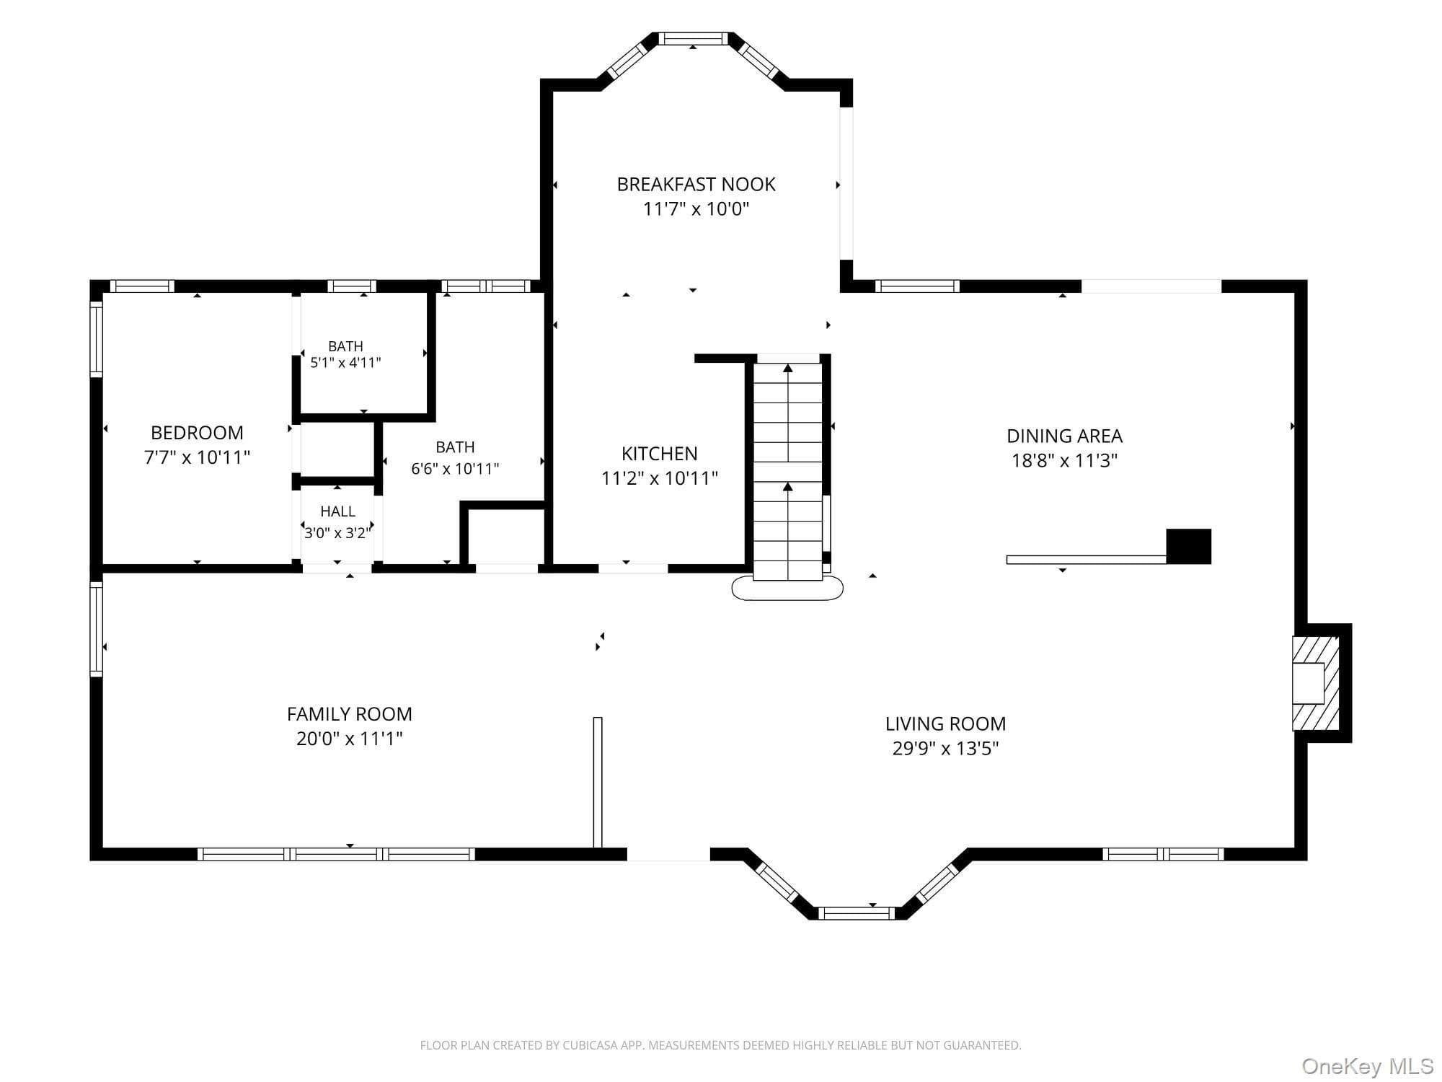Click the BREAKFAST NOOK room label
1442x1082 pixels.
696,185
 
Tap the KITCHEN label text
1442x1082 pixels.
660,454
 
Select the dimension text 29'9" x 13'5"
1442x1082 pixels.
945,748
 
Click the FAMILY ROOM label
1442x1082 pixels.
350,714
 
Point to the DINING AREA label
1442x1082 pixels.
1064,436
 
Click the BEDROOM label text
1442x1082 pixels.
197,433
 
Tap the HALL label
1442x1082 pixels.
337,511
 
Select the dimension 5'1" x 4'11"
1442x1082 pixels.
345,362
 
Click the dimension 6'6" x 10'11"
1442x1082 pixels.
455,469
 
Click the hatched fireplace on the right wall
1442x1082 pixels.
1315,682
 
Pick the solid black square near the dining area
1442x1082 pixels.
1188,546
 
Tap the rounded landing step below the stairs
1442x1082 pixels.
787,589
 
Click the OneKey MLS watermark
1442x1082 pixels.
1367,1065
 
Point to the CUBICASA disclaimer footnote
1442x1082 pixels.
720,1045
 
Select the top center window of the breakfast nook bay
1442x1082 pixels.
694,39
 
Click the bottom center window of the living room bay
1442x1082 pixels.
856,913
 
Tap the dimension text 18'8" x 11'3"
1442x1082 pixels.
1064,460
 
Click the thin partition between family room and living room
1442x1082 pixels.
597,782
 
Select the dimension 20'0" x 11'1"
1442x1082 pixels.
349,739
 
